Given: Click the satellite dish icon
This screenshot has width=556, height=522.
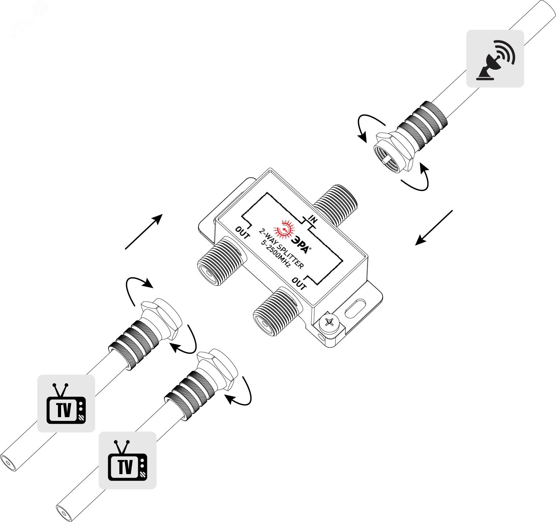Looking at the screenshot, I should point(495,59).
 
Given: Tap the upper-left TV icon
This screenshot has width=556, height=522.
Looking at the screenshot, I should point(66,403).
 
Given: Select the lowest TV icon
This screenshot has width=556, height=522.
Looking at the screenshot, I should point(127,460).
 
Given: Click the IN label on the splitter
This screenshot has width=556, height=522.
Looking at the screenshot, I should point(313,220).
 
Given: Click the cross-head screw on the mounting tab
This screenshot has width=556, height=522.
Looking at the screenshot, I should point(330,323).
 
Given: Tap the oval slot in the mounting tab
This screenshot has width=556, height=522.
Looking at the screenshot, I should point(356,309).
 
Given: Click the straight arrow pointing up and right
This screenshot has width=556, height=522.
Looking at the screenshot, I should point(144,232).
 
